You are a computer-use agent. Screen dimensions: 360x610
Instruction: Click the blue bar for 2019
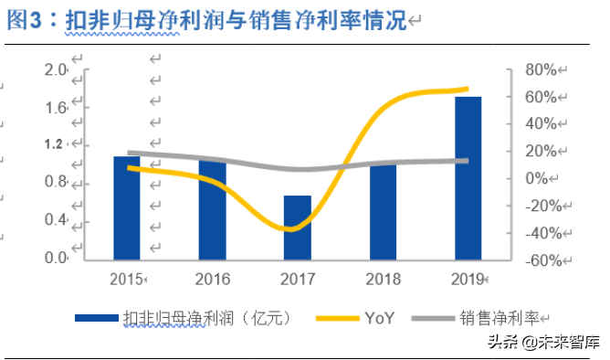click(x=468, y=178)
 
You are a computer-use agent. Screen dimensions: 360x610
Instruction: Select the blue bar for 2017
click(x=298, y=228)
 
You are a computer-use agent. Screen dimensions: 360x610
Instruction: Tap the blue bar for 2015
click(x=126, y=208)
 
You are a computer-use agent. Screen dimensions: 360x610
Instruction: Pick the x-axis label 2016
click(x=212, y=278)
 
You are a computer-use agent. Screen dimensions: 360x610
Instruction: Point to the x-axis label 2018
click(x=383, y=278)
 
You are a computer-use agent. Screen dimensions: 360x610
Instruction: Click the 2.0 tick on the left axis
click(x=57, y=70)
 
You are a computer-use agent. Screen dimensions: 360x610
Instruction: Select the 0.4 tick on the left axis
click(x=57, y=220)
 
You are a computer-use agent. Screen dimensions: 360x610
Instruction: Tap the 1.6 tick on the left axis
click(x=57, y=108)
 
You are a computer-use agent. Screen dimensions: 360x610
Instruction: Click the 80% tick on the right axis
click(x=539, y=70)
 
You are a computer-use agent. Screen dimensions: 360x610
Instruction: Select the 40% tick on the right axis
click(x=539, y=124)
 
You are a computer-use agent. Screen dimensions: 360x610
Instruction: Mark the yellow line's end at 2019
click(x=467, y=90)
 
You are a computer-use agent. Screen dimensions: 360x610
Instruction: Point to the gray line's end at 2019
click(x=467, y=161)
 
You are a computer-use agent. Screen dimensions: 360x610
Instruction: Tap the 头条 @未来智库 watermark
click(x=543, y=344)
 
